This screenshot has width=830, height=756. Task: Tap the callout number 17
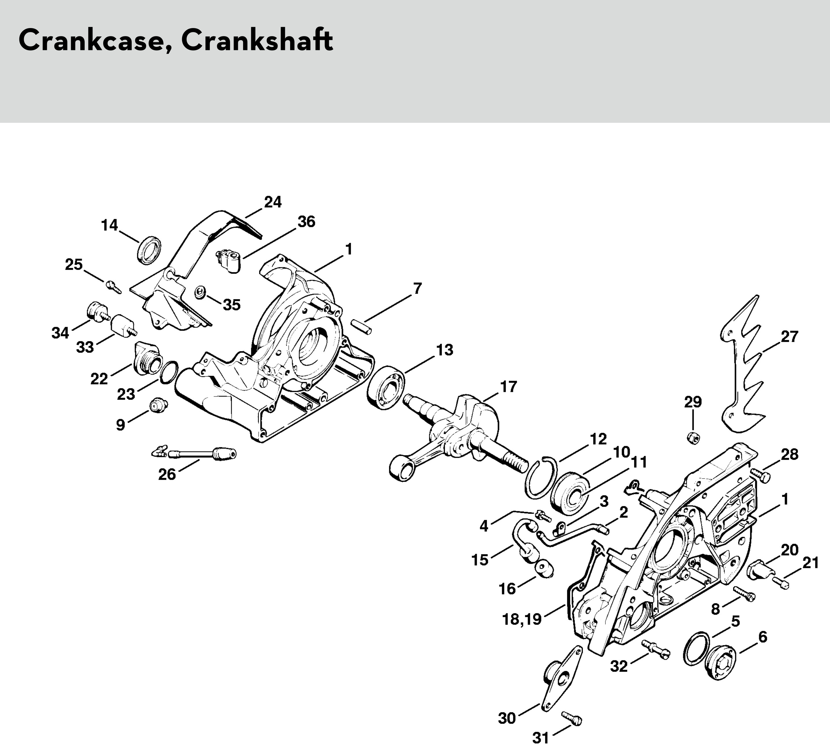508,387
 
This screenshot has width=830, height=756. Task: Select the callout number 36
306,222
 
